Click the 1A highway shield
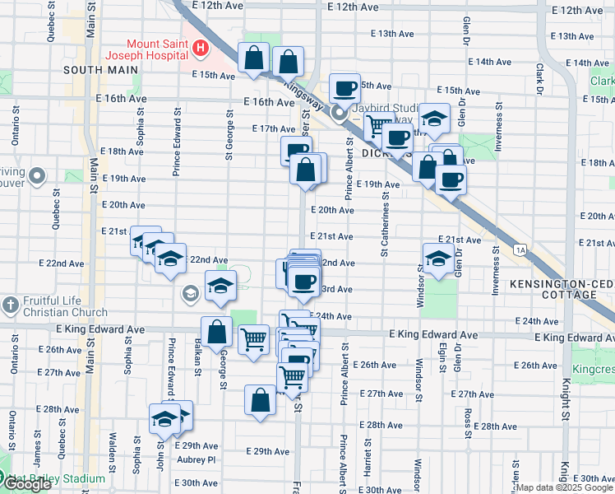click(520, 249)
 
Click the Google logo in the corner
click(27, 484)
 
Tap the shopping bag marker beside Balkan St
click(217, 332)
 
